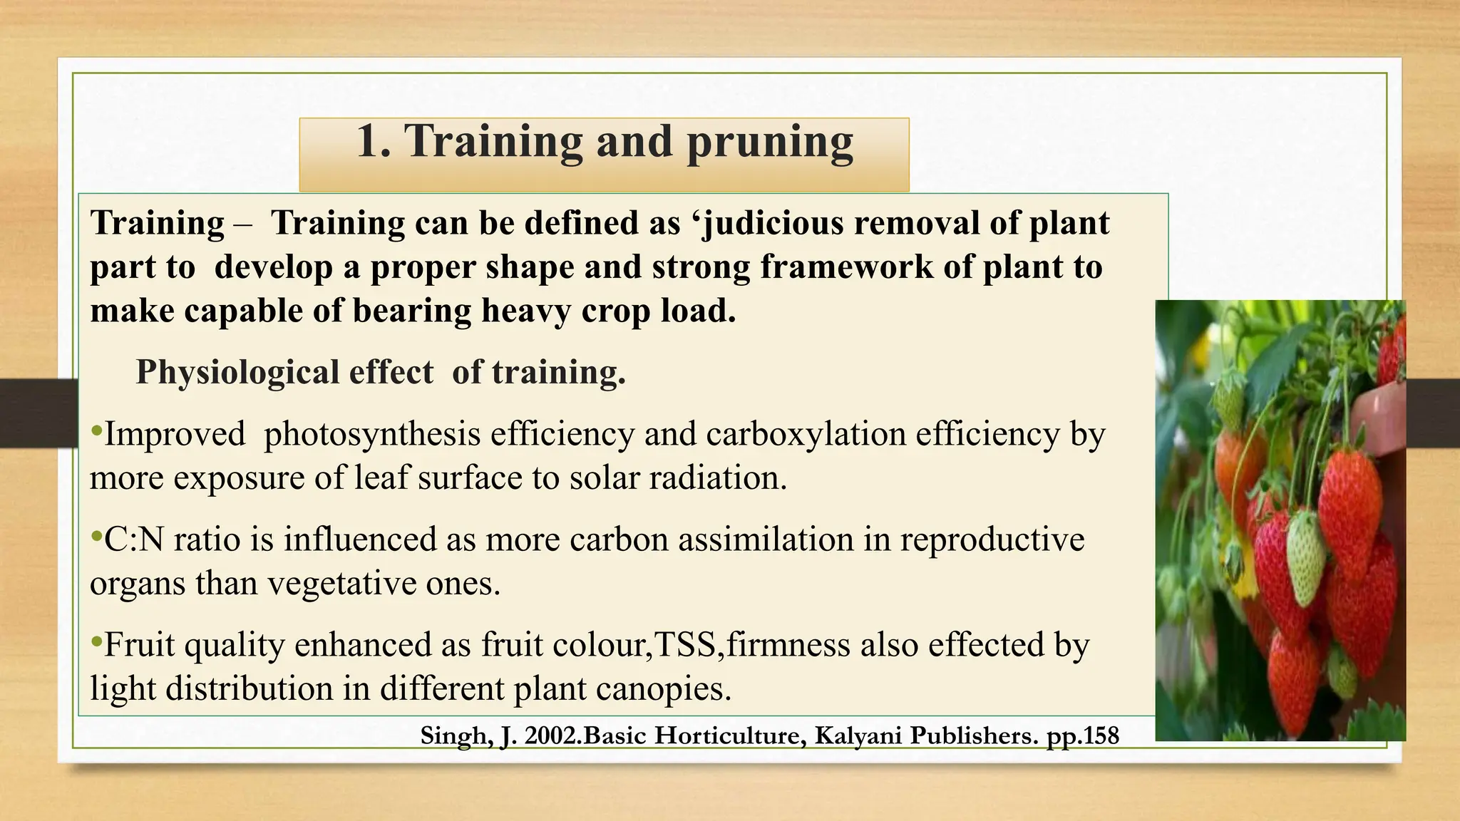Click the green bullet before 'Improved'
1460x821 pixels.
(97, 432)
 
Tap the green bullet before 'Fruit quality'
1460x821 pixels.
(97, 643)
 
